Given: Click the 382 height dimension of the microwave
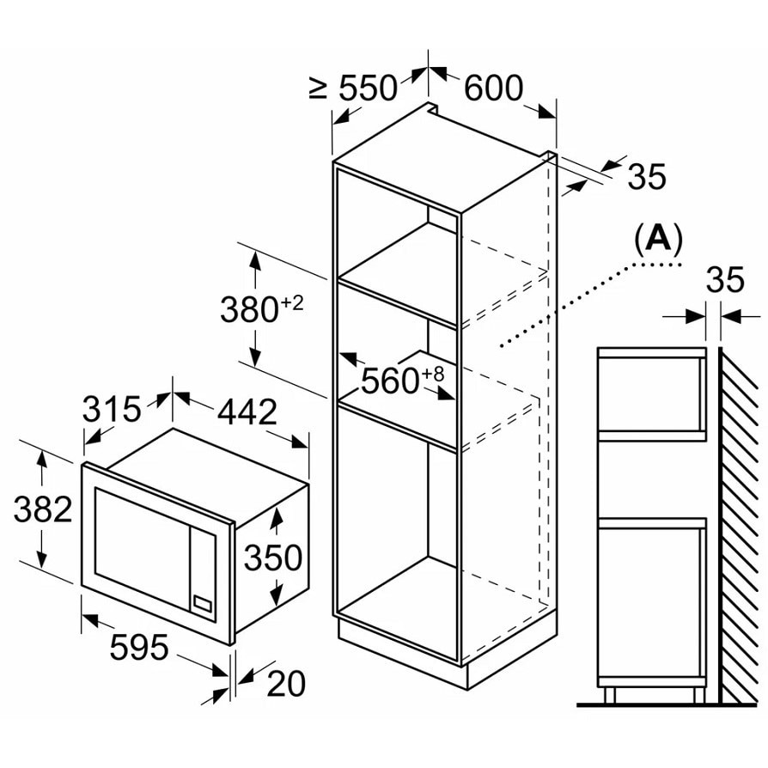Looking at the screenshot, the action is tap(43, 509).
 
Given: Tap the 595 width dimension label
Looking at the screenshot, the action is tap(139, 647).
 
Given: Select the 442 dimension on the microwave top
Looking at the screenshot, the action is tap(247, 411).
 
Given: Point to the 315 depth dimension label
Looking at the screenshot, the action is tap(111, 409).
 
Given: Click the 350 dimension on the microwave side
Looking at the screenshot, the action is tap(273, 558).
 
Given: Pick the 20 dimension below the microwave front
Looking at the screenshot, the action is tap(286, 684).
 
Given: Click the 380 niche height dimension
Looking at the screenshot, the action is tap(249, 309).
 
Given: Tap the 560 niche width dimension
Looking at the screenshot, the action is tap(391, 381).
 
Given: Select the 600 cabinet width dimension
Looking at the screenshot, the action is tap(493, 88).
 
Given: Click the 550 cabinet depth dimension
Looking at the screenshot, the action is tap(369, 88).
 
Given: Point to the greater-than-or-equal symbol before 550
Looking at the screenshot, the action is tap(319, 88).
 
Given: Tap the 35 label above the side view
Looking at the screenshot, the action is tap(725, 280).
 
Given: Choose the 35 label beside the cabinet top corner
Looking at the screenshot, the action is tap(647, 176).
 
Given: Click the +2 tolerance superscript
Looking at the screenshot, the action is tap(292, 303).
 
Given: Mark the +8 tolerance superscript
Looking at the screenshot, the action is tap(432, 374).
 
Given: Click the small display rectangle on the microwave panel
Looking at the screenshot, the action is tap(203, 604).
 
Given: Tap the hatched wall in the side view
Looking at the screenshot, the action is tap(739, 524).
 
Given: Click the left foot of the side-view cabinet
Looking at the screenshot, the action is tap(609, 694).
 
